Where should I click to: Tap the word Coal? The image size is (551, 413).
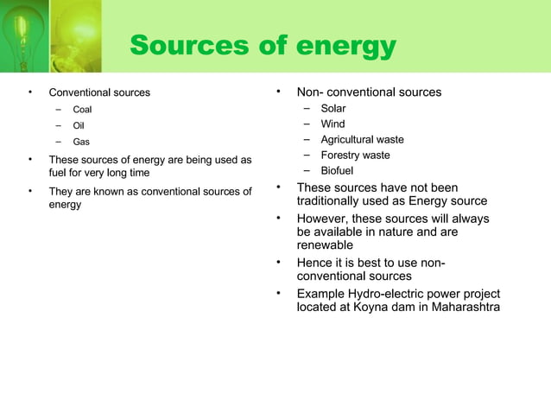[82, 110]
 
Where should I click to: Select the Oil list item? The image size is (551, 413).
[78, 125]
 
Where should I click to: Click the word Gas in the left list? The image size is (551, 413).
[80, 142]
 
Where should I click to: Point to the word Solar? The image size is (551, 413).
[333, 109]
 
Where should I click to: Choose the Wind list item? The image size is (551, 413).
[332, 124]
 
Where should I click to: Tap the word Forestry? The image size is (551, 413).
[342, 156]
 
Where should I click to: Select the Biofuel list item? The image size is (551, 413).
[338, 171]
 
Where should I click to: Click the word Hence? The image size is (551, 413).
[315, 263]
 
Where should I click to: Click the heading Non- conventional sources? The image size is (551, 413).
[369, 92]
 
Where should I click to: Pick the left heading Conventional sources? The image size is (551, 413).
[99, 92]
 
